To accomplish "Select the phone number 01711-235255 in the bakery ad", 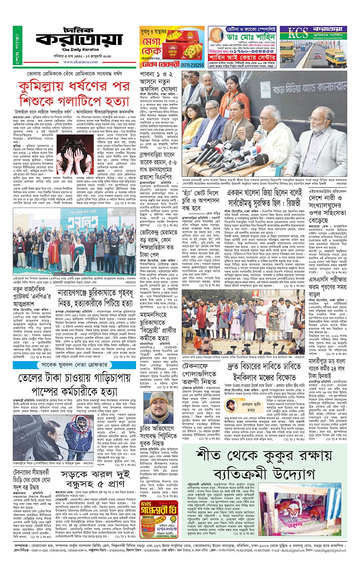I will click(x=192, y=65).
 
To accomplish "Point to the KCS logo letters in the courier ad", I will click(x=298, y=34).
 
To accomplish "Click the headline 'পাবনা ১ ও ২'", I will click(x=156, y=74).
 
